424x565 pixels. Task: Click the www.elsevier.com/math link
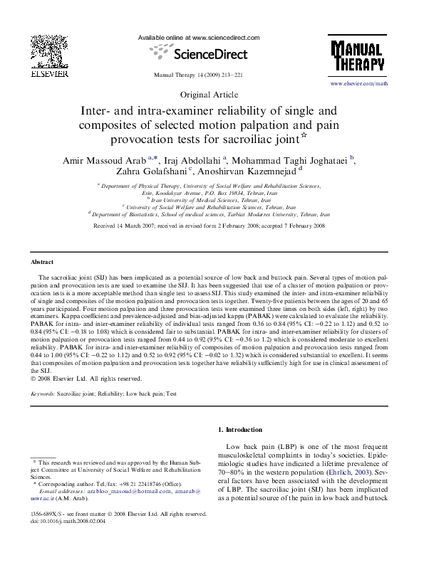(358, 84)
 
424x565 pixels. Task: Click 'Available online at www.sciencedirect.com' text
(198, 37)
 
